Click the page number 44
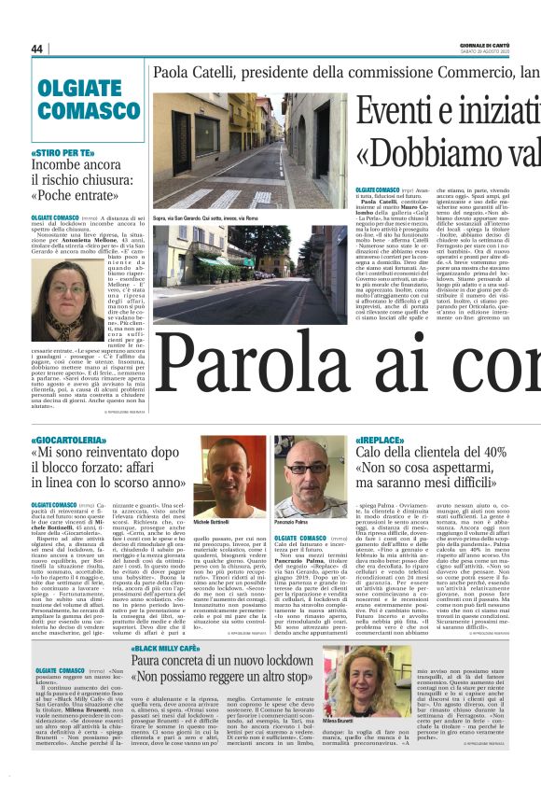(x=37, y=49)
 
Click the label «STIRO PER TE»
(x=62, y=152)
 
